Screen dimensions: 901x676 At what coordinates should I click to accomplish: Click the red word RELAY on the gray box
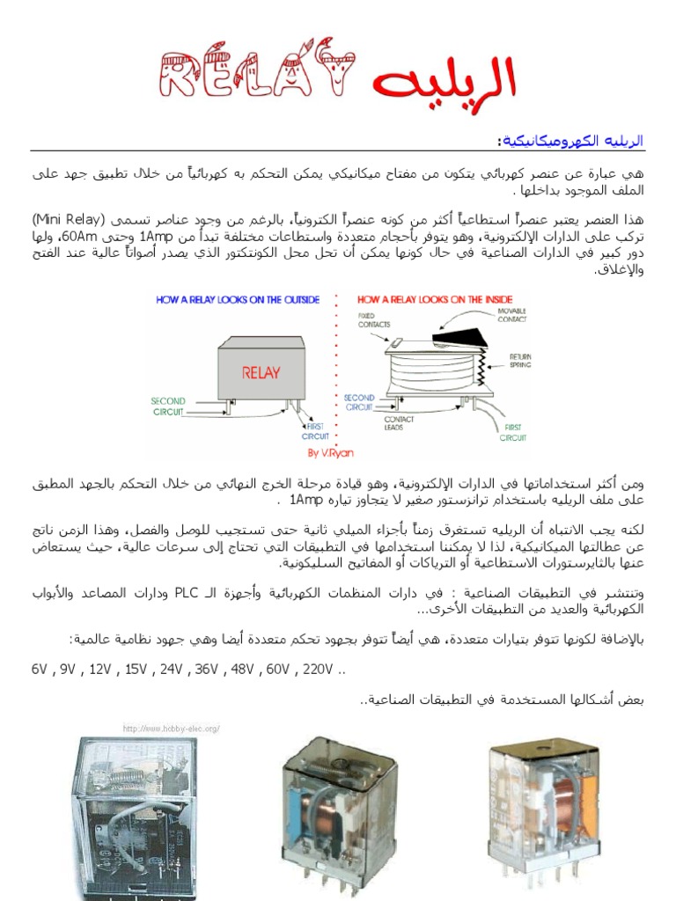261,372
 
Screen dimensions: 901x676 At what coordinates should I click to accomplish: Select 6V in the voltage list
39,670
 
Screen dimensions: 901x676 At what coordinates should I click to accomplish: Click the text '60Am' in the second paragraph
77,238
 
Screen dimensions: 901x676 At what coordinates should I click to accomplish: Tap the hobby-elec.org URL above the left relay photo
171,728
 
